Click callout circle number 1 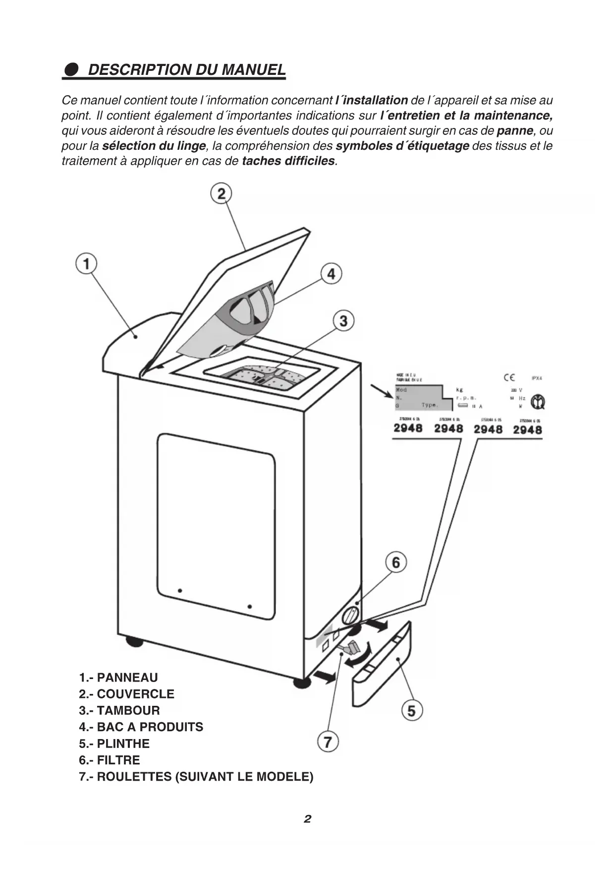pos(86,263)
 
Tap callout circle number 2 pos(221,193)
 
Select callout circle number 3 pos(343,320)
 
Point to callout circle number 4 pos(331,273)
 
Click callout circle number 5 pos(411,711)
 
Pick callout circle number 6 pos(396,562)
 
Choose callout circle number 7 pos(328,742)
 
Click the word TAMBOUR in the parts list pos(128,710)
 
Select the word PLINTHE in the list pos(123,744)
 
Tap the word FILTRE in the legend pos(118,760)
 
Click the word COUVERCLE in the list pos(135,694)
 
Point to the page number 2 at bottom pos(308,819)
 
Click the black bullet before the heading pos(71,69)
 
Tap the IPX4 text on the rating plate pos(537,378)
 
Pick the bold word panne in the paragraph pos(515,131)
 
